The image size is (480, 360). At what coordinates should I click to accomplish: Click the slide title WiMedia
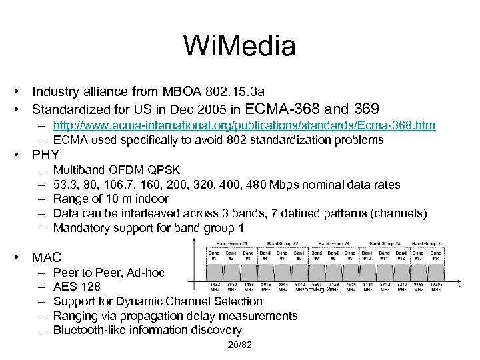239,46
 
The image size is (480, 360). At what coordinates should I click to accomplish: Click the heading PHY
45,155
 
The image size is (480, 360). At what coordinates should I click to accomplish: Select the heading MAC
47,257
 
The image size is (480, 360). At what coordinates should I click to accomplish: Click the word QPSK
163,169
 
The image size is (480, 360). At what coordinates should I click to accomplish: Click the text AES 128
77,287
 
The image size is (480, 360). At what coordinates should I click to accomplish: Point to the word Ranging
75,316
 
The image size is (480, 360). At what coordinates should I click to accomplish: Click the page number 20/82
240,345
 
